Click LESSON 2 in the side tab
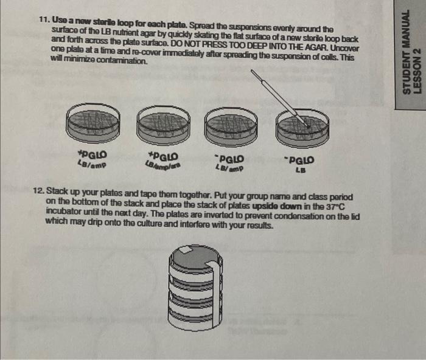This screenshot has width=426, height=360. click(417, 67)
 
